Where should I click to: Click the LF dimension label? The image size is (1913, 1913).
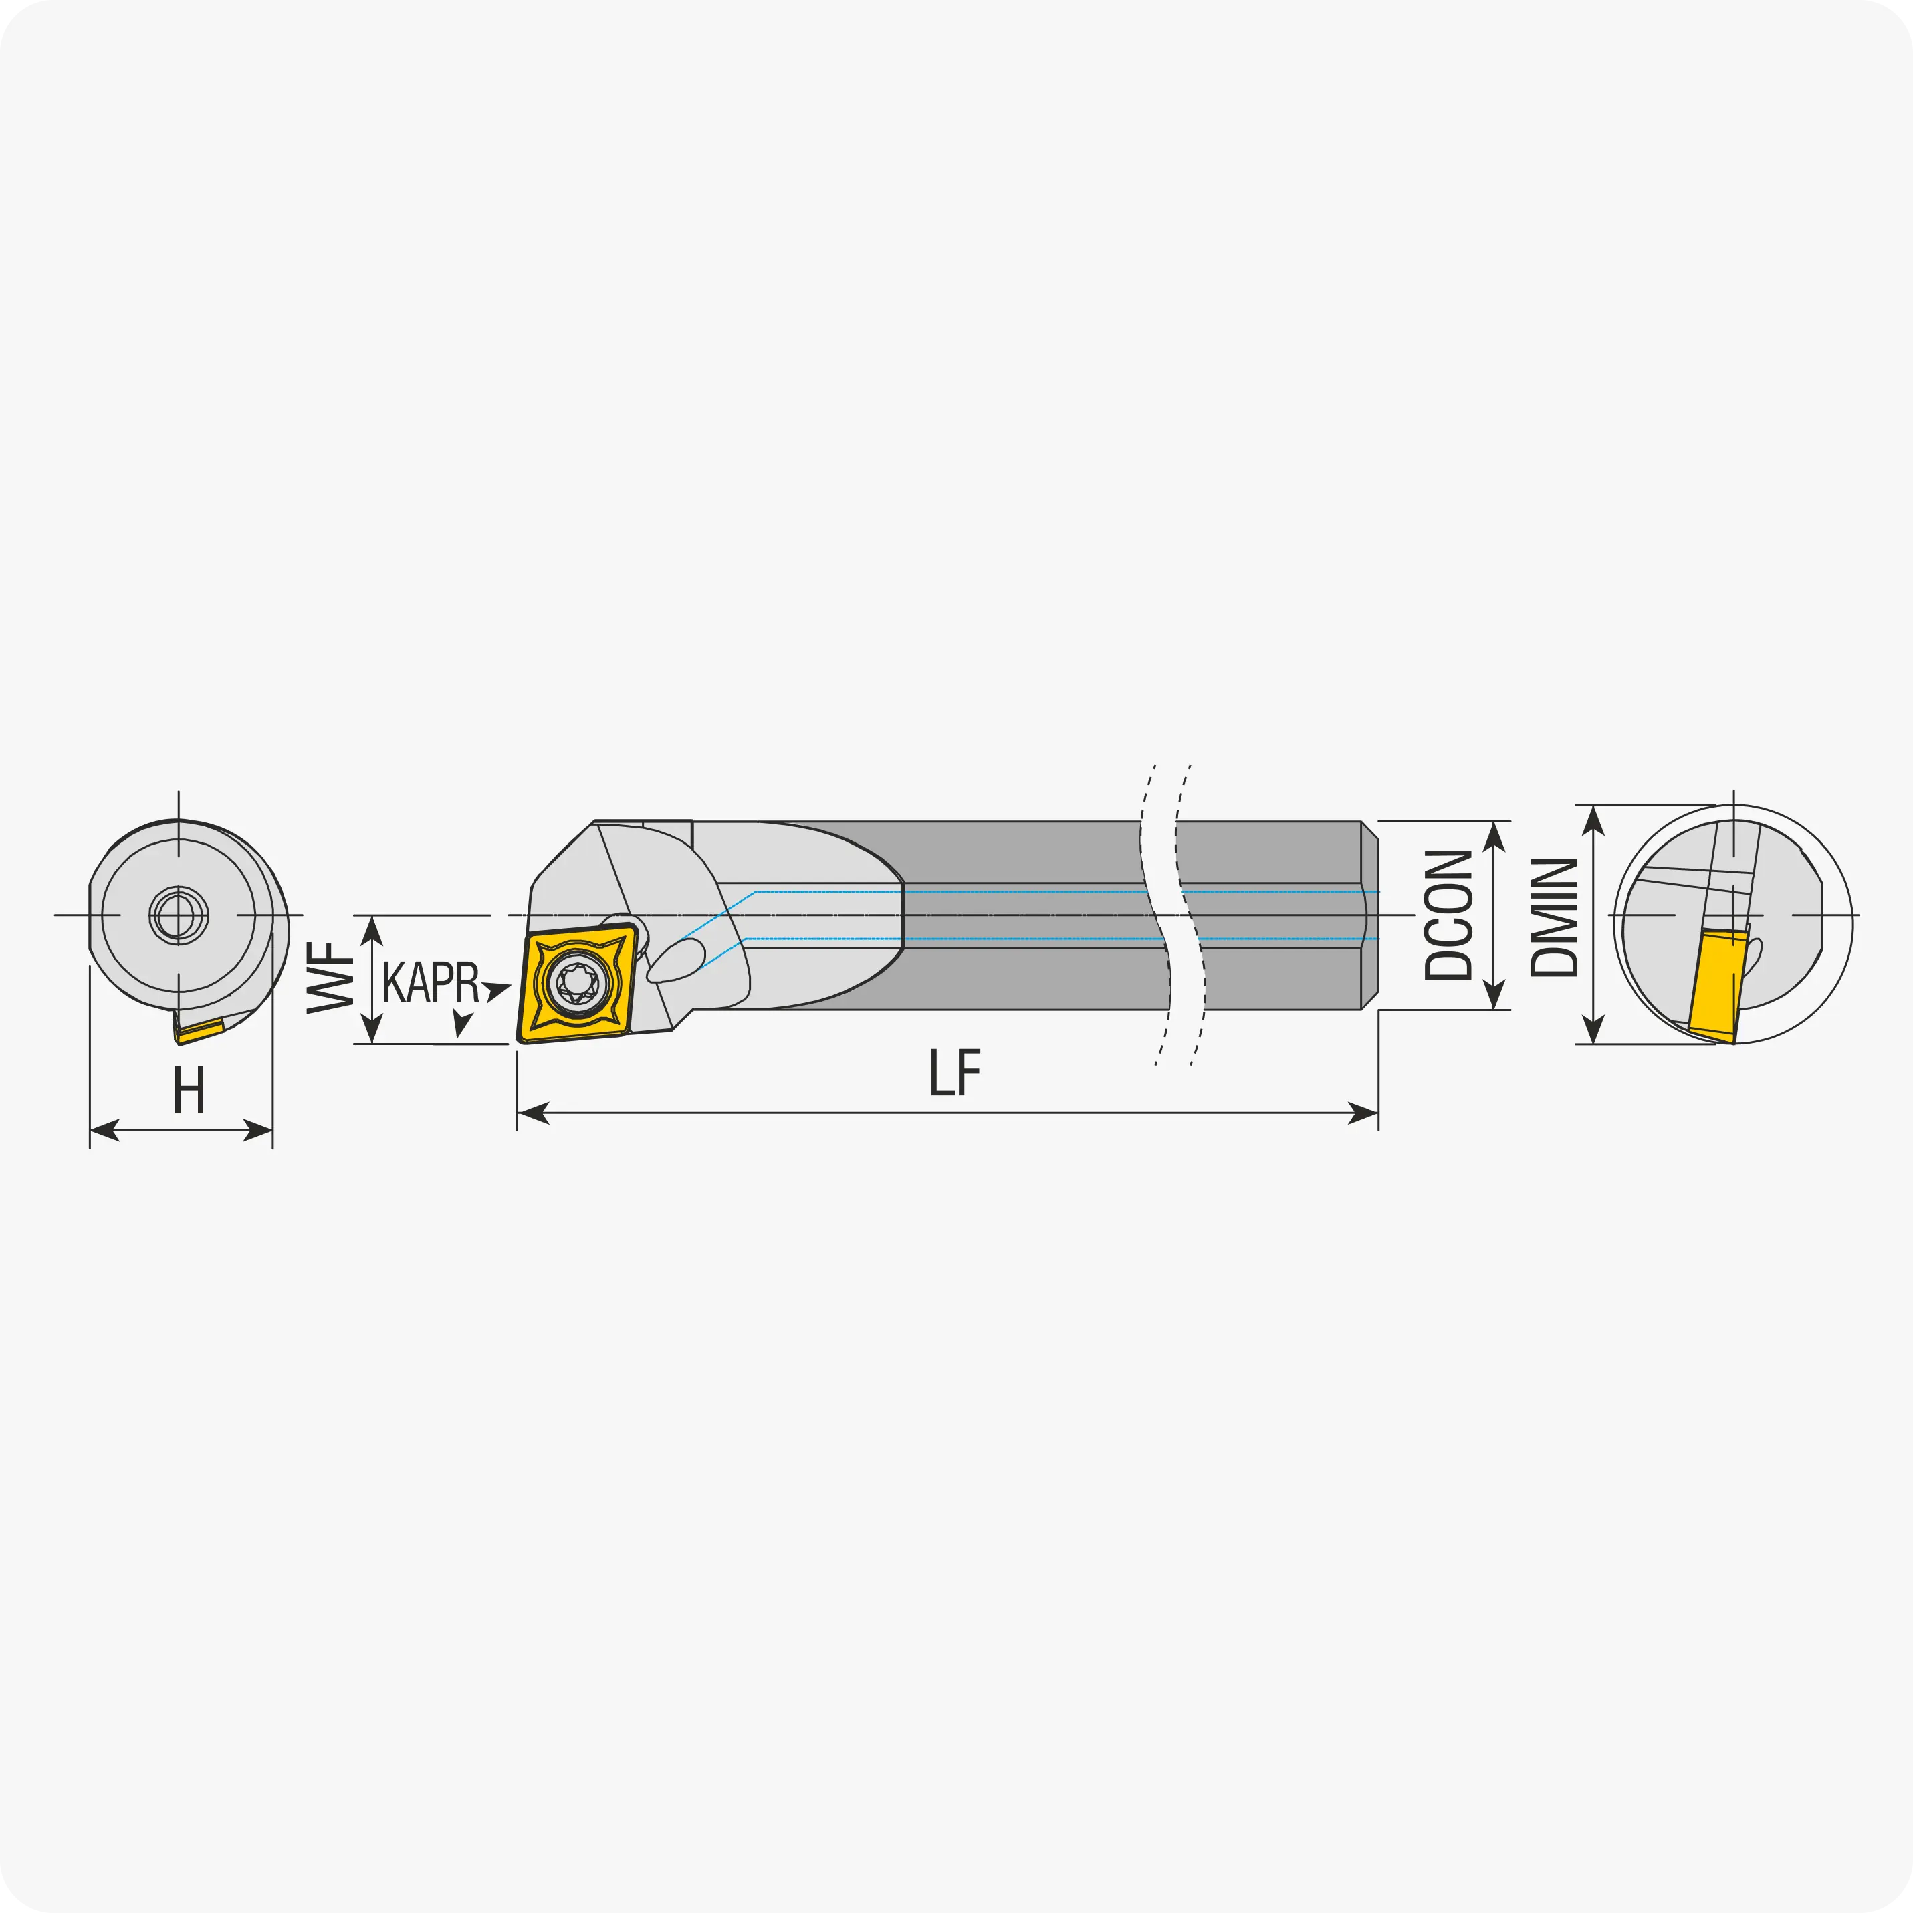(955, 1073)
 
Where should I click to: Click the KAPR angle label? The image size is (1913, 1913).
(431, 982)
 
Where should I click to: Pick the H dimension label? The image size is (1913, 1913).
(189, 1090)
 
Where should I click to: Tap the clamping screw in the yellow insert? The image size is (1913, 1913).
(577, 982)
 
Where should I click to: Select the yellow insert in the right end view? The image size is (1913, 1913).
(1718, 986)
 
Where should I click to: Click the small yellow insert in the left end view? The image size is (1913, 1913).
(199, 1031)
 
